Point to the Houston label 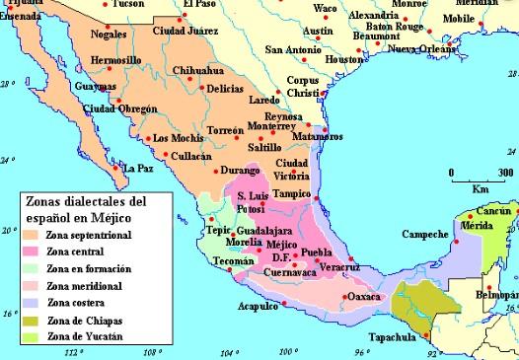click(x=344, y=59)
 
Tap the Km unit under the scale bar click(x=481, y=187)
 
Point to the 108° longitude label click(x=152, y=352)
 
